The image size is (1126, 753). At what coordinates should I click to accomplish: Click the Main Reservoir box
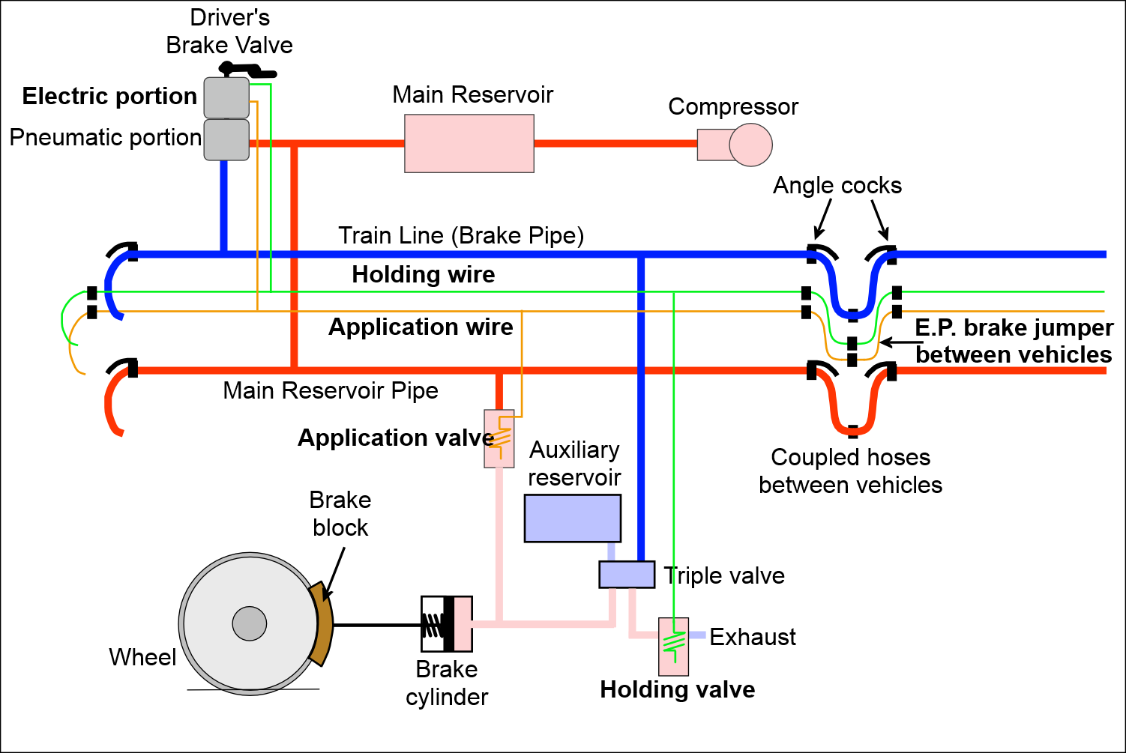(468, 143)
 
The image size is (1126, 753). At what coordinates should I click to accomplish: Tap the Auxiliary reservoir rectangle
(573, 518)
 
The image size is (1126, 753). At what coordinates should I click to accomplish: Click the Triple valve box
(626, 574)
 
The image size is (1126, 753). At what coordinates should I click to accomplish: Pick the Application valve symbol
(498, 437)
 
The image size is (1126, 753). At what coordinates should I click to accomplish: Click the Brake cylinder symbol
(445, 623)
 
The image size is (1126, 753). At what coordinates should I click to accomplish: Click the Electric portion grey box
(226, 97)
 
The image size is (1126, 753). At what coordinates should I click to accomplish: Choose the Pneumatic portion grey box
(226, 138)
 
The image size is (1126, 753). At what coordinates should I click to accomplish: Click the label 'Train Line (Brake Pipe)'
(461, 236)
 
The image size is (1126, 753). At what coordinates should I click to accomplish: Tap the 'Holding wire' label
(423, 274)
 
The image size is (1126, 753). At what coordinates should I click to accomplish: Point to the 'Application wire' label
(421, 327)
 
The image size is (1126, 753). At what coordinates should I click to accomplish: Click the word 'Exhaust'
(753, 637)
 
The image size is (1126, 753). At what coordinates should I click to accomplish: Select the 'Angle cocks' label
(837, 186)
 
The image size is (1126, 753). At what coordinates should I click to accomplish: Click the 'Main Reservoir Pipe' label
(331, 391)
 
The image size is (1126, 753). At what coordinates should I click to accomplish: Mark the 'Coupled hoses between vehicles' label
(850, 471)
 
